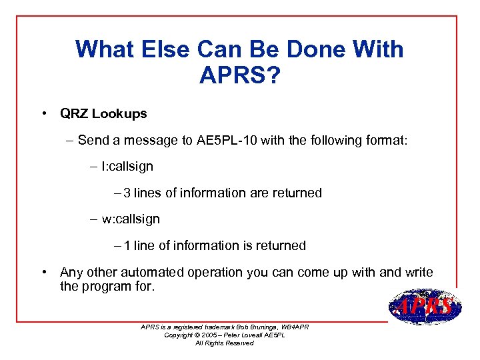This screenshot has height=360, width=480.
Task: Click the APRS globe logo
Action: pyautogui.click(x=424, y=307)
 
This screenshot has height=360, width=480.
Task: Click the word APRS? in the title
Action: pyautogui.click(x=239, y=75)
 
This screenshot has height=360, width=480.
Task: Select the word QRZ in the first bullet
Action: pyautogui.click(x=74, y=113)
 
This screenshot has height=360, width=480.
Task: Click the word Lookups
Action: pyautogui.click(x=119, y=114)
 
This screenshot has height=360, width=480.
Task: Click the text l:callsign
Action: pyautogui.click(x=127, y=167)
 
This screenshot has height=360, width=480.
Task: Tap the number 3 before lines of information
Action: pyautogui.click(x=127, y=193)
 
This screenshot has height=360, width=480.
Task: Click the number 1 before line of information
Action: pyautogui.click(x=127, y=245)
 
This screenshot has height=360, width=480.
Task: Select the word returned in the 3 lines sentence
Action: pyautogui.click(x=297, y=193)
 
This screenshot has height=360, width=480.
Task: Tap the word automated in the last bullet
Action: pyautogui.click(x=153, y=272)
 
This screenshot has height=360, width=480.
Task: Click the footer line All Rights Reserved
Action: pyautogui.click(x=224, y=343)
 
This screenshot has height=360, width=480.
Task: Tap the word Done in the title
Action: pyautogui.click(x=292, y=49)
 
